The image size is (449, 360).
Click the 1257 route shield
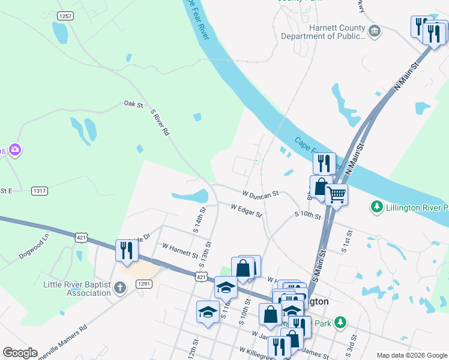[65, 16]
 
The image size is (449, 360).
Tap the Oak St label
[133, 105]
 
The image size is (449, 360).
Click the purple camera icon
[15, 149]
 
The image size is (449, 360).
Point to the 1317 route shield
[40, 191]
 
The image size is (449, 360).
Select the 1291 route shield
[143, 284]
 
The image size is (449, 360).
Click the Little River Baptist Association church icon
[120, 289]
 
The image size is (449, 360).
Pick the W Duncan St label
[261, 194]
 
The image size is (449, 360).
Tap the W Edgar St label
[247, 210]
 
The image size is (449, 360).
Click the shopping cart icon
[336, 194]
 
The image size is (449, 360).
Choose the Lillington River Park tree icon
[376, 208]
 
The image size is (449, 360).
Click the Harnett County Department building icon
[374, 31]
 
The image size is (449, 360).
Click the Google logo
[20, 353]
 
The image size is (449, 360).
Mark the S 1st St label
[346, 244]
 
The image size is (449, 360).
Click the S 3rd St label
[351, 347]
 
